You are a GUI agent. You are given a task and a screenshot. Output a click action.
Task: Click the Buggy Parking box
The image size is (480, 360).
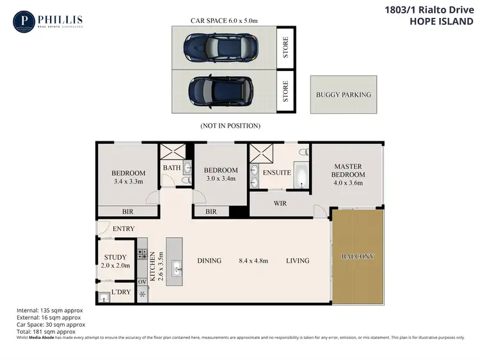pyautogui.click(x=343, y=95)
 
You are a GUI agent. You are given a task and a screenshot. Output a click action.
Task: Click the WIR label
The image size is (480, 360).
pyautogui.click(x=280, y=203)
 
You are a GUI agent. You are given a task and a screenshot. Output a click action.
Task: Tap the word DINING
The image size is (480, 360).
pyautogui.click(x=209, y=261)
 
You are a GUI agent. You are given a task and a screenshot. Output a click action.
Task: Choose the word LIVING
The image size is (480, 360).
pyautogui.click(x=298, y=261)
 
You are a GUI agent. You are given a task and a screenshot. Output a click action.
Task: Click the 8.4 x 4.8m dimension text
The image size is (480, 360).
pyautogui.click(x=253, y=261)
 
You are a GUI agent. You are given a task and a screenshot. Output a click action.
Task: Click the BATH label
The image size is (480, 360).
pyautogui.click(x=172, y=168)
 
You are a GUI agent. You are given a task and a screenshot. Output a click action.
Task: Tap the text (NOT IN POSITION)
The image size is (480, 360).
pyautogui.click(x=230, y=125)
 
